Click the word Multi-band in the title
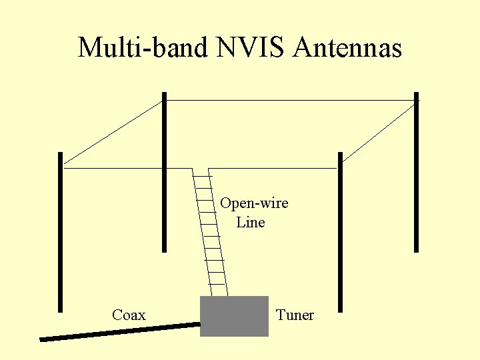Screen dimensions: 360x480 pos(143,48)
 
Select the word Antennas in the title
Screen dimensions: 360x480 pos(347,48)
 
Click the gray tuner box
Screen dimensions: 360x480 pos(234,316)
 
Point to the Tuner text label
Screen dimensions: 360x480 pos(295,315)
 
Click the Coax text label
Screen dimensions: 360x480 pos(129,315)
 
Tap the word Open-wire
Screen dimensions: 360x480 pos(254,203)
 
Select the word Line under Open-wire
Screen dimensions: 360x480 pos(251,223)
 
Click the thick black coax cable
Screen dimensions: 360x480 pos(120,332)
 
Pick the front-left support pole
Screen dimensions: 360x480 pos(60,233)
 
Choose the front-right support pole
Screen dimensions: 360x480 pos(340,233)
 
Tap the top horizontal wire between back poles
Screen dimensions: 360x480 pos(290,101)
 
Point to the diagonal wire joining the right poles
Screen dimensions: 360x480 pos(379,131)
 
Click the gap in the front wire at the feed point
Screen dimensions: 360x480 pos(201,169)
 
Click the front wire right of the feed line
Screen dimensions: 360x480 pos(273,169)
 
